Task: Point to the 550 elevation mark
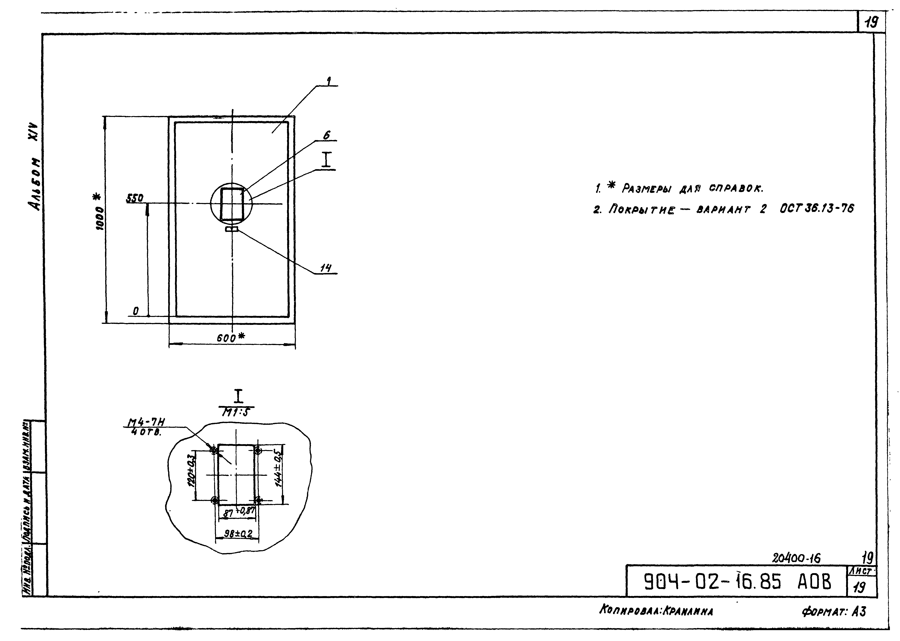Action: point(135,199)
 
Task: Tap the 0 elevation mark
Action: point(135,311)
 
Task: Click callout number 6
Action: point(326,135)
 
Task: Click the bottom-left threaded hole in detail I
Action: point(215,501)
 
